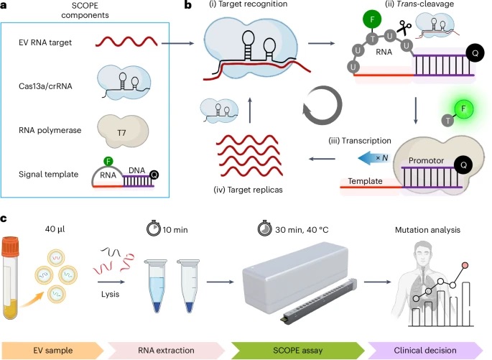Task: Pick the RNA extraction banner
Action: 175,346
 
